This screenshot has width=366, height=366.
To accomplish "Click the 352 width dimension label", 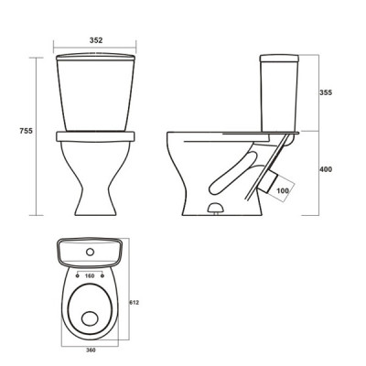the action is tap(96, 40).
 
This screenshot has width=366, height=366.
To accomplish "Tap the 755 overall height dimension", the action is tap(26, 131).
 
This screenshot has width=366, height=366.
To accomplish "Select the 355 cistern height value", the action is tap(326, 92).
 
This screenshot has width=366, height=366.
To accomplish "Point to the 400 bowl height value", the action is tap(326, 169).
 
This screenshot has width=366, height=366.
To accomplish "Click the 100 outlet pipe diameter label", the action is tap(283, 191).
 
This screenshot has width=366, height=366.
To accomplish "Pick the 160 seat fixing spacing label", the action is tap(90, 276).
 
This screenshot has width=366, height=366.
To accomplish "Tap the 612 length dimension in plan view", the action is tap(135, 303).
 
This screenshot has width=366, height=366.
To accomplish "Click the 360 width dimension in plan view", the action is tap(91, 350).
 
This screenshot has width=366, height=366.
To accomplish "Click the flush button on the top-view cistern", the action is tap(90, 252).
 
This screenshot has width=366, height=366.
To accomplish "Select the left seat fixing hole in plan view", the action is tap(77, 276).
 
